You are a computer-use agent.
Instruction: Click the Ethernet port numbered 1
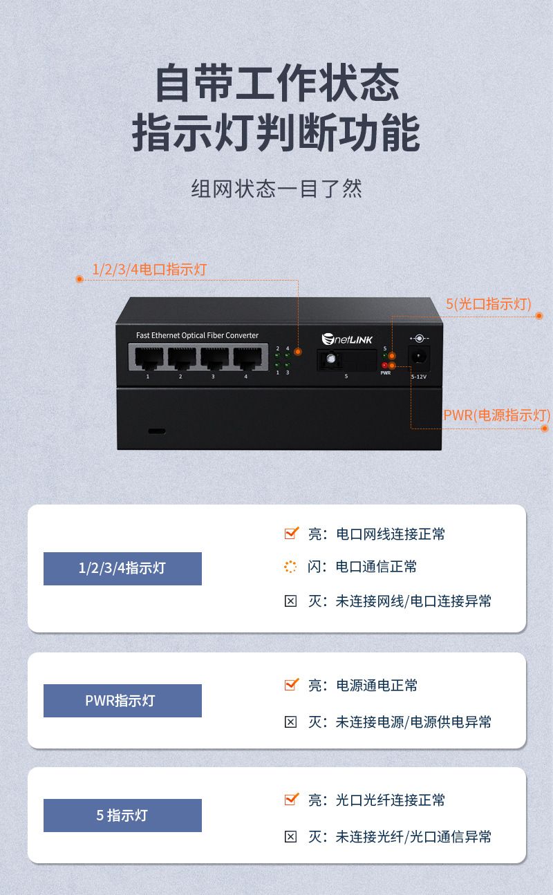[149, 358]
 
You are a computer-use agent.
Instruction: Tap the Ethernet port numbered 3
[214, 358]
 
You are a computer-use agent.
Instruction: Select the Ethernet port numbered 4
[247, 358]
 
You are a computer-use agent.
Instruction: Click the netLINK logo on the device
[347, 339]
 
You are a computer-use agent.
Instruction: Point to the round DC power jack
[418, 357]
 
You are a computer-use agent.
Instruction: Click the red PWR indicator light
[384, 365]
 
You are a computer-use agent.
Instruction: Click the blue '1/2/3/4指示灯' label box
[122, 569]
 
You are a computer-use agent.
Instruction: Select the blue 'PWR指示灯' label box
[122, 700]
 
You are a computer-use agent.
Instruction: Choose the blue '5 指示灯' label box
[122, 816]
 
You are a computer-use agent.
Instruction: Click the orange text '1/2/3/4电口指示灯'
[149, 270]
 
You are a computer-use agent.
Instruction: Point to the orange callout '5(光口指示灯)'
[489, 304]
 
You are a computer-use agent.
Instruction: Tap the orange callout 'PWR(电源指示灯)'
[497, 415]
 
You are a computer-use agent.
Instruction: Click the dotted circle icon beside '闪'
[290, 567]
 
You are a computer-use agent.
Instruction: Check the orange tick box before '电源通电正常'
[291, 685]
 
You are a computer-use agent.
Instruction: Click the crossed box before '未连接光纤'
[290, 837]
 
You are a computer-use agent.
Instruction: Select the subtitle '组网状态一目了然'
[276, 189]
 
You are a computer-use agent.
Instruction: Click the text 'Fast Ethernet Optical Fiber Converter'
[198, 335]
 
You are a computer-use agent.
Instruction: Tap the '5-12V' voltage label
[419, 377]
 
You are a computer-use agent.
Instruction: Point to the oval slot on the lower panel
[157, 431]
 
